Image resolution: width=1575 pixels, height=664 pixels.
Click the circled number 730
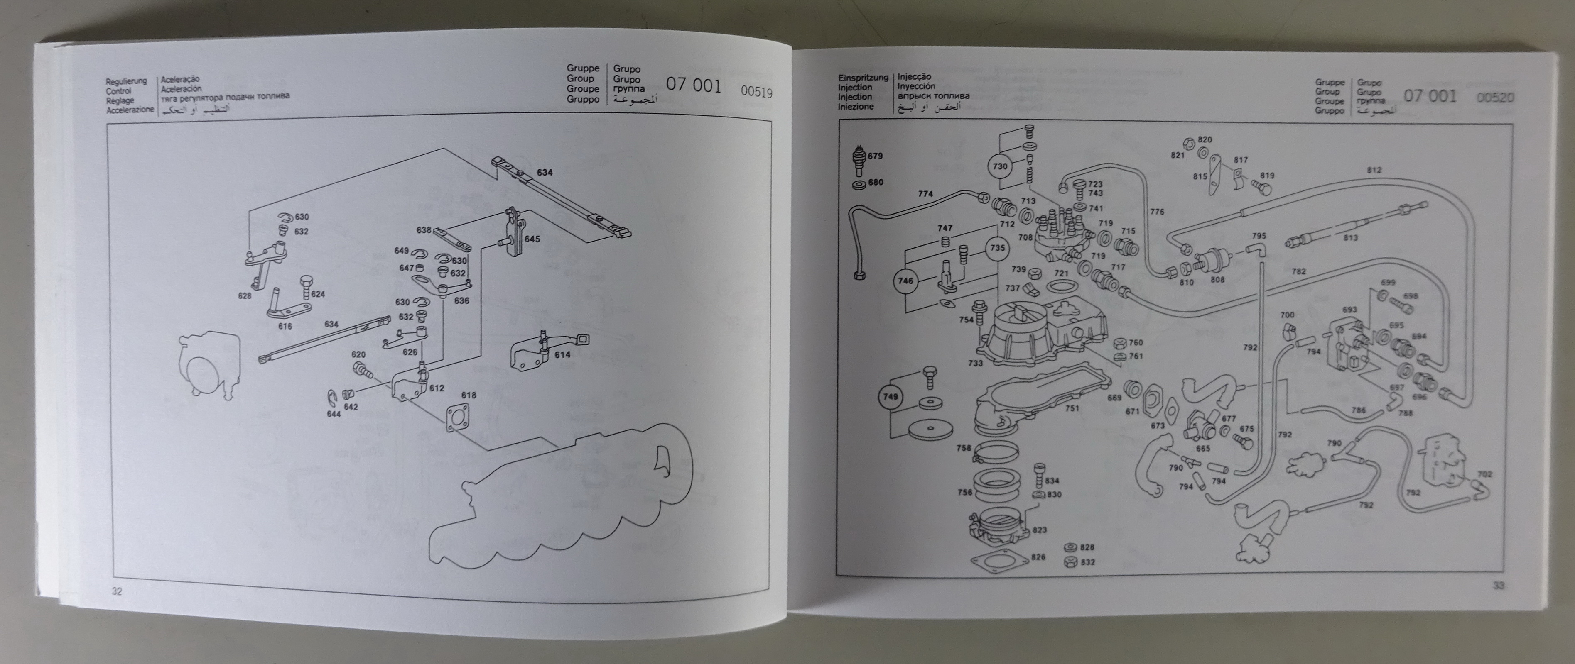[1000, 166]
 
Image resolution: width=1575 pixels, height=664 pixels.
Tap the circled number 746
[906, 281]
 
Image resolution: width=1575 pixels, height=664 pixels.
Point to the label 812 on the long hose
[1374, 171]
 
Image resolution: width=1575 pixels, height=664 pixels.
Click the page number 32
[117, 591]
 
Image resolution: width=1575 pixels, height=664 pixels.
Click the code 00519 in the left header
[756, 93]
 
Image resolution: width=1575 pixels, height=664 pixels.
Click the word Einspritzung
[862, 78]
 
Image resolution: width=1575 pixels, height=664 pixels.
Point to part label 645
[532, 239]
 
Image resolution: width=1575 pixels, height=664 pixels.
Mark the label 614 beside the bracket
[562, 355]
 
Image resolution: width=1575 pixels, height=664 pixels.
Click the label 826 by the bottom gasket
[1038, 557]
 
